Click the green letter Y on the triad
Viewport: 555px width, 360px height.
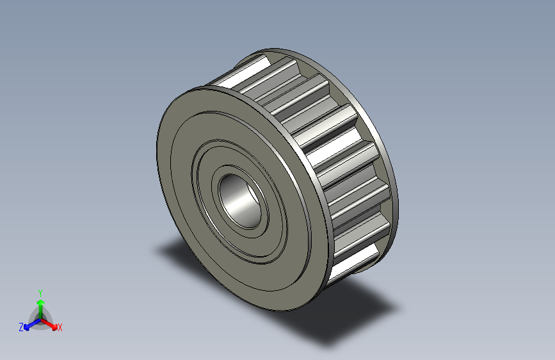40,291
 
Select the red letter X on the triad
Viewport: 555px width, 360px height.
60,328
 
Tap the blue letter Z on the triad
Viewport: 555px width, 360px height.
21,327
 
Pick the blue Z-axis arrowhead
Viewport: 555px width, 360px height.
28,325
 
